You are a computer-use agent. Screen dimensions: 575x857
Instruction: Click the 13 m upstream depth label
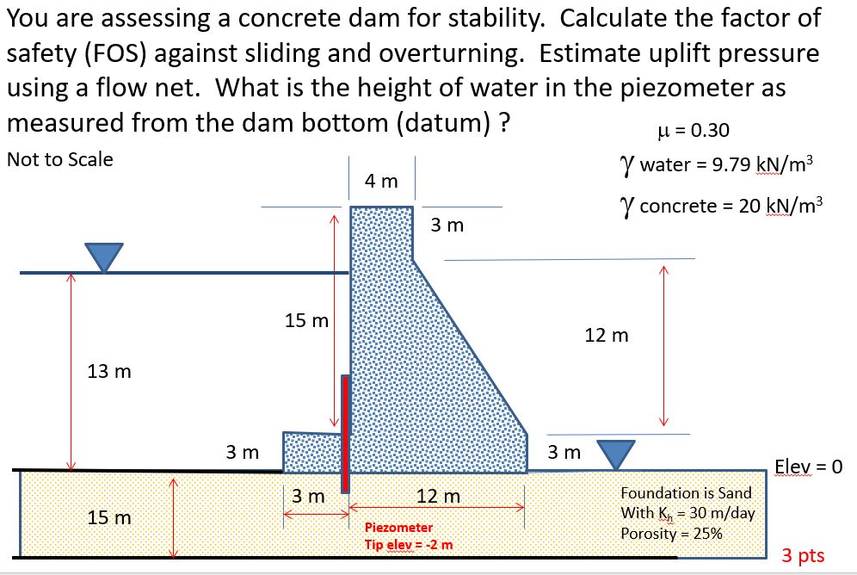coord(109,372)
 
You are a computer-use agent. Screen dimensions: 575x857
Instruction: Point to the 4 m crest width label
coord(381,181)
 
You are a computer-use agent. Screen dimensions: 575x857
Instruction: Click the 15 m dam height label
coord(306,321)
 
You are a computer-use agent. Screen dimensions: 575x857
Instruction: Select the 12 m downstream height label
coord(606,335)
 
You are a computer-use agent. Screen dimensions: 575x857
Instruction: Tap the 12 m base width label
coord(438,497)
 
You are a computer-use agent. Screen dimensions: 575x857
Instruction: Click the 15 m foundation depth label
coord(109,517)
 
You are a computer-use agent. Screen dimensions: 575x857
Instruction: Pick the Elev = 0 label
coord(808,467)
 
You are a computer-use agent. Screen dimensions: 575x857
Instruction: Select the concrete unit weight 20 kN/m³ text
coord(721,206)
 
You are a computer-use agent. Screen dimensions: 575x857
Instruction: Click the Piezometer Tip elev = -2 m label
coord(409,535)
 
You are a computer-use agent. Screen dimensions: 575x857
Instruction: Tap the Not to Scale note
coord(59,159)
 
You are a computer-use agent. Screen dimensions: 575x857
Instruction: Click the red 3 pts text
coord(803,555)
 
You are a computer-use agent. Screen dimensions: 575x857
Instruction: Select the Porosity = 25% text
coord(671,533)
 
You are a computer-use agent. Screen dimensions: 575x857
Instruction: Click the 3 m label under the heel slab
coord(306,497)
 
